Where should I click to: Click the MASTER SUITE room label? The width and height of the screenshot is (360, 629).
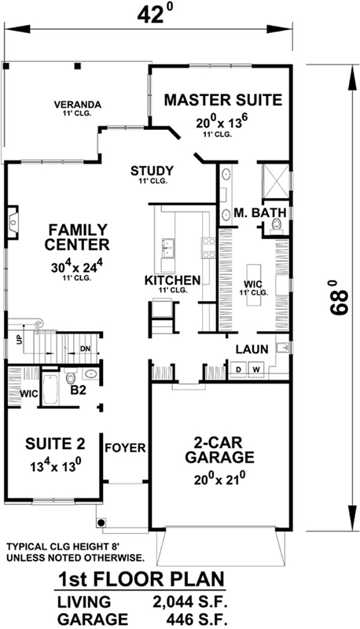click(x=222, y=100)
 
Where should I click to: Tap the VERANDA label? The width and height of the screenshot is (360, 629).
click(x=75, y=104)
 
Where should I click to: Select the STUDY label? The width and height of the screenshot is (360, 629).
click(x=152, y=171)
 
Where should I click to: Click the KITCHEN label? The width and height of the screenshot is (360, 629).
click(x=172, y=280)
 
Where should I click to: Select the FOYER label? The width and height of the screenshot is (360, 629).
click(x=125, y=448)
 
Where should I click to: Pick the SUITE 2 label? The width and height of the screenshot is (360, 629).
click(x=49, y=442)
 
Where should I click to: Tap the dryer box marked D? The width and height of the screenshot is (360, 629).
click(x=237, y=368)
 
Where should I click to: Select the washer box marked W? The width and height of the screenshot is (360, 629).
click(x=255, y=368)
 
